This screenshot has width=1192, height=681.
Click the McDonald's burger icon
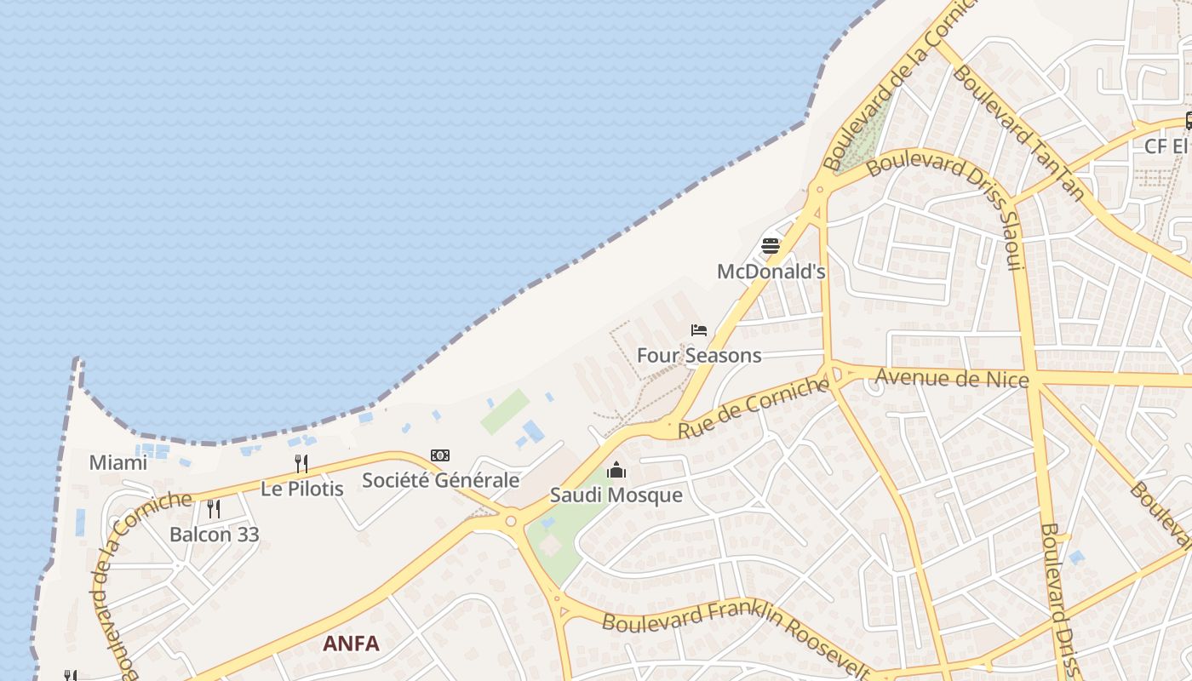[771, 247]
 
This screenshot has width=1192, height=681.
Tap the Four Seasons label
[699, 355]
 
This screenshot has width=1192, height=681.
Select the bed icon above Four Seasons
[699, 330]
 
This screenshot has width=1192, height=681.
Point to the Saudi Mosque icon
[616, 470]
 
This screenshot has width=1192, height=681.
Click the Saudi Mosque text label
[616, 495]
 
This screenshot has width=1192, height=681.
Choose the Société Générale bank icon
[440, 455]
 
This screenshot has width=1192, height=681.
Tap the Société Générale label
[440, 480]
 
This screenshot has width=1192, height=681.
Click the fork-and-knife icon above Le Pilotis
[301, 464]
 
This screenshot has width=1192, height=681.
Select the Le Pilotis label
[301, 489]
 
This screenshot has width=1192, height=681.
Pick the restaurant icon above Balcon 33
[214, 509]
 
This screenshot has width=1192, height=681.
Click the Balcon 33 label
[214, 535]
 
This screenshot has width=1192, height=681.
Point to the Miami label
[118, 463]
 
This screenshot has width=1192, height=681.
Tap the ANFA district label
[351, 644]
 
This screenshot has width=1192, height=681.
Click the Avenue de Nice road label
[952, 377]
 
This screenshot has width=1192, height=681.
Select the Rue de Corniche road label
[753, 409]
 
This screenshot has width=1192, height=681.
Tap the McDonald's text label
[771, 272]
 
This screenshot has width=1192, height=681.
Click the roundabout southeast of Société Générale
[511, 521]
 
